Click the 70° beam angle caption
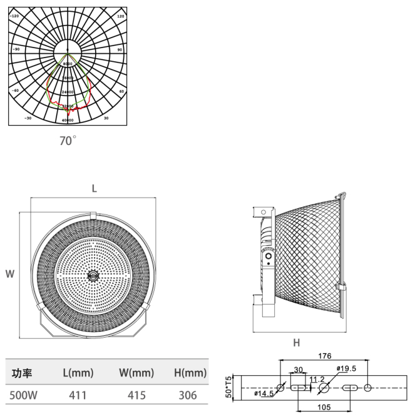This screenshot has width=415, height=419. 67,141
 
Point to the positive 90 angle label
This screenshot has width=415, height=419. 120,48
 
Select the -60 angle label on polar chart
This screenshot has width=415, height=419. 15,90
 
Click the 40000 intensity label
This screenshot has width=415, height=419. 68,119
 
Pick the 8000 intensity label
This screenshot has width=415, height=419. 68,64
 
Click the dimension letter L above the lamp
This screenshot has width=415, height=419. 95,188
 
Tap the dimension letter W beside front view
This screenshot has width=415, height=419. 10,273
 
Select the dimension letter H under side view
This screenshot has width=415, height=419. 296,342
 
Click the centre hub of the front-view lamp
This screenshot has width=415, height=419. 94,274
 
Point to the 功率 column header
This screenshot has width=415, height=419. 23,373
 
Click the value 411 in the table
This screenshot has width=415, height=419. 78,395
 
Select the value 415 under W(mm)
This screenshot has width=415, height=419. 136,395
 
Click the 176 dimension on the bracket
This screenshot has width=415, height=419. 324,357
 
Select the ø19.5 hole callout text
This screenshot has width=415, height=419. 347,368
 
